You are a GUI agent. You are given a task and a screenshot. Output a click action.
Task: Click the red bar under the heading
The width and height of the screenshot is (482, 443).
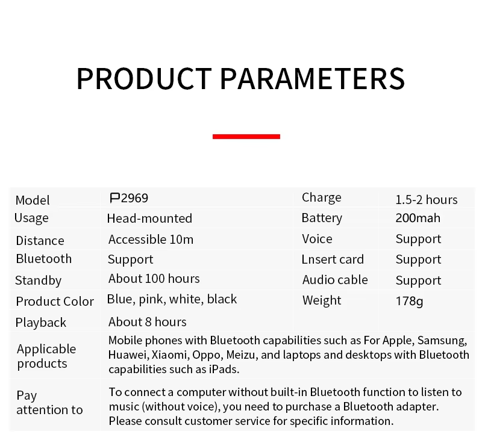(x=246, y=137)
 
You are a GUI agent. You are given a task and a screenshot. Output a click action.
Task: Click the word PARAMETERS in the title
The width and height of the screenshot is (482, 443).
(x=313, y=79)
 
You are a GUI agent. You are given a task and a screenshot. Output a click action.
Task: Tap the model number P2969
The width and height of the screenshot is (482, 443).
(x=129, y=198)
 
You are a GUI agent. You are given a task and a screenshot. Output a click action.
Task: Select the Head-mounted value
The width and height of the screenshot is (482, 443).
(x=149, y=218)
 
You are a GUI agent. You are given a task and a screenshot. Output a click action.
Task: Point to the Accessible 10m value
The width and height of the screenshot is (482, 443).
(x=151, y=240)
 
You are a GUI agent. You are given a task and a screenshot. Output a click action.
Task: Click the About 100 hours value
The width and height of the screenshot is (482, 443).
(x=154, y=279)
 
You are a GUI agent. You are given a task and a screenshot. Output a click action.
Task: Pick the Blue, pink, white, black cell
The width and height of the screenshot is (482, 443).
(x=172, y=299)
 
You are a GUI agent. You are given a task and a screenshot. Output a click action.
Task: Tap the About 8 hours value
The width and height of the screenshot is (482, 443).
(x=147, y=322)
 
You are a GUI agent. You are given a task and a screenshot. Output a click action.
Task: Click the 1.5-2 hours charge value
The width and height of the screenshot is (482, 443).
(x=427, y=200)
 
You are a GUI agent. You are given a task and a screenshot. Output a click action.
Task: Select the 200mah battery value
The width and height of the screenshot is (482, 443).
(x=418, y=218)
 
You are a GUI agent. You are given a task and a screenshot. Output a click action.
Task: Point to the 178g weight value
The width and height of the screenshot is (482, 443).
(x=409, y=301)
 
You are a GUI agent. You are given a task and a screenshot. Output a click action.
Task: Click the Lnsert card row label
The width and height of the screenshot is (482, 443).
(x=333, y=259)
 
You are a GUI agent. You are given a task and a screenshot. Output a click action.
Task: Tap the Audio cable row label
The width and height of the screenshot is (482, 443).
(x=335, y=280)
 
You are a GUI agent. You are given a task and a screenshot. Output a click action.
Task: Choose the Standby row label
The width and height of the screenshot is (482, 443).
(x=38, y=281)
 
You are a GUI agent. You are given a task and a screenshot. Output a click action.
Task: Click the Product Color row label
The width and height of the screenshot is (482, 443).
(x=55, y=302)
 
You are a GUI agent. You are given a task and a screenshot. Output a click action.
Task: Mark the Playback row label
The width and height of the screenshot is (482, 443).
(x=40, y=323)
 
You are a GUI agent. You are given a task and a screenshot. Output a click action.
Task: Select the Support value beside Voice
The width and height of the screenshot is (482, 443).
(x=418, y=240)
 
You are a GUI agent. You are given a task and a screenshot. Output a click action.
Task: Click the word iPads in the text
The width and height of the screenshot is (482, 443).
(x=224, y=370)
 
